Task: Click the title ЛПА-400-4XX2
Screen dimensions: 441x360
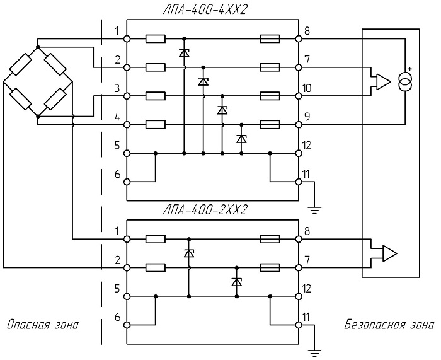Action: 205,10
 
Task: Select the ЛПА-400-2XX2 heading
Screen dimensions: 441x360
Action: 205,210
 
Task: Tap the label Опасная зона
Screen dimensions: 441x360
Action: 42,325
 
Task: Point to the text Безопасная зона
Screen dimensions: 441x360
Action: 389,325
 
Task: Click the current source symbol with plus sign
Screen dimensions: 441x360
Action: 405,81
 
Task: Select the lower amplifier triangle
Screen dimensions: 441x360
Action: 390,253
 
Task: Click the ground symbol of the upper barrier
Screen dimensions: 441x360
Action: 314,210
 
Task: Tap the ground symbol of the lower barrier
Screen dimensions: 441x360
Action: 314,353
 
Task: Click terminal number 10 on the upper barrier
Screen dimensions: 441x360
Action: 307,88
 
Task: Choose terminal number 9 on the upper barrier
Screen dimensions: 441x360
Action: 307,117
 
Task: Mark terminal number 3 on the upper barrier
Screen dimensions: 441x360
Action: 117,88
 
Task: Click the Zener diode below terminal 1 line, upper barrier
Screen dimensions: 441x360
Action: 184,52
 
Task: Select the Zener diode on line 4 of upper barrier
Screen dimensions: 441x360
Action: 241,139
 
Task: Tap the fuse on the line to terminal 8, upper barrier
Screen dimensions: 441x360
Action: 270,39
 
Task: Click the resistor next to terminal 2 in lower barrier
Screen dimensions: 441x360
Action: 155,268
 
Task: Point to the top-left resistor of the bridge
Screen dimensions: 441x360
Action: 20,64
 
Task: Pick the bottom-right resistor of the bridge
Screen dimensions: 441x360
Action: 55,99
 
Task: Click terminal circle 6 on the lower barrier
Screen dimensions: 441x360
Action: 127,325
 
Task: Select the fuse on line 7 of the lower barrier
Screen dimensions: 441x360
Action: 270,268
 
